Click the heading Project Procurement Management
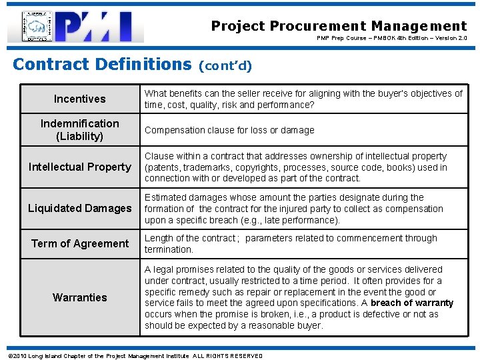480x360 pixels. pos(339,26)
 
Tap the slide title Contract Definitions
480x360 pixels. pos(102,65)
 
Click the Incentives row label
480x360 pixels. pos(79,99)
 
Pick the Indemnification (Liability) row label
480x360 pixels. pos(79,130)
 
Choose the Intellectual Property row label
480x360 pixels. pos(79,167)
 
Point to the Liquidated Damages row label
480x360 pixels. pos(79,209)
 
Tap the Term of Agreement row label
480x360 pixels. pos(79,243)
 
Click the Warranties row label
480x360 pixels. pos(79,297)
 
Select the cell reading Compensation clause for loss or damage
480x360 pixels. pos(229,130)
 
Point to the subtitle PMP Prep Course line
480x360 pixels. pos(392,38)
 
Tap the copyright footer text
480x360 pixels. pos(134,355)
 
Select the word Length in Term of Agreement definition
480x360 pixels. pos(159,238)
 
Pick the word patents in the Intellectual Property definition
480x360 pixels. pos(165,167)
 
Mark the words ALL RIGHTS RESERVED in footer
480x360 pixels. pos(227,355)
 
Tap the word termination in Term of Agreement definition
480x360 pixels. pos(169,249)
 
